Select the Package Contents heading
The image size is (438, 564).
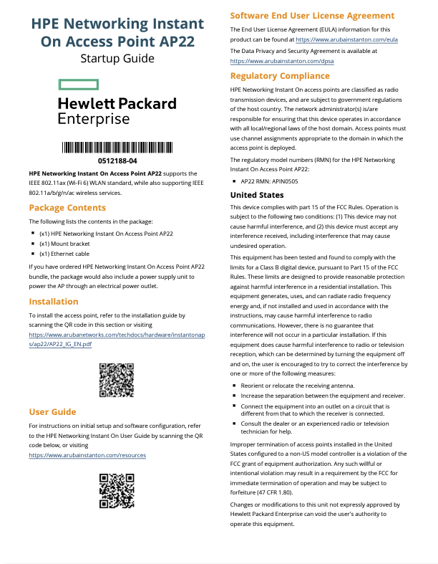point(67,208)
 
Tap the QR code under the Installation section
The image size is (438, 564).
point(117,381)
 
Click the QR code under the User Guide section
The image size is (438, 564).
point(117,491)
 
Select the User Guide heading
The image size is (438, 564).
point(52,412)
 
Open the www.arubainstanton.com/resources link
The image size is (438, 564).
point(87,455)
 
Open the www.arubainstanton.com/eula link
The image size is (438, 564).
point(346,39)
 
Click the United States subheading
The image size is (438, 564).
point(257,195)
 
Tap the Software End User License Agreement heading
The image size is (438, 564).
point(312,15)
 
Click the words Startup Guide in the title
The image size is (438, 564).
point(117,58)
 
